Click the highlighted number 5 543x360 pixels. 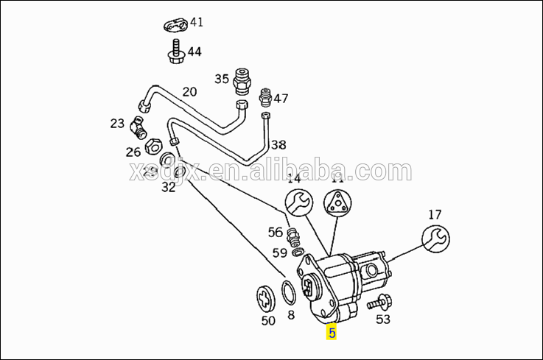pyautogui.click(x=332, y=333)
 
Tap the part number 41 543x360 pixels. pyautogui.click(x=196, y=22)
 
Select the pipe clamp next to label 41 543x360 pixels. pyautogui.click(x=174, y=27)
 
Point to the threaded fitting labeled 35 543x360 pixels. pyautogui.click(x=242, y=80)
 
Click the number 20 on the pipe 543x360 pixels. pyautogui.click(x=189, y=92)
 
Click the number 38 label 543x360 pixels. pyautogui.click(x=278, y=145)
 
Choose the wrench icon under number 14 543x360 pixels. pyautogui.click(x=298, y=202)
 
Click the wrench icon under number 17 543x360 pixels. pyautogui.click(x=435, y=239)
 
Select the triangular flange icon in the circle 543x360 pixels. pyautogui.click(x=337, y=202)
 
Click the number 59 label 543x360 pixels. pyautogui.click(x=279, y=253)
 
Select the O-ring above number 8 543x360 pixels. pyautogui.click(x=290, y=293)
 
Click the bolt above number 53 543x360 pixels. pyautogui.click(x=380, y=301)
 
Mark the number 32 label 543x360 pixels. pyautogui.click(x=169, y=187)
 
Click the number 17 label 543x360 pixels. pyautogui.click(x=435, y=215)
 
